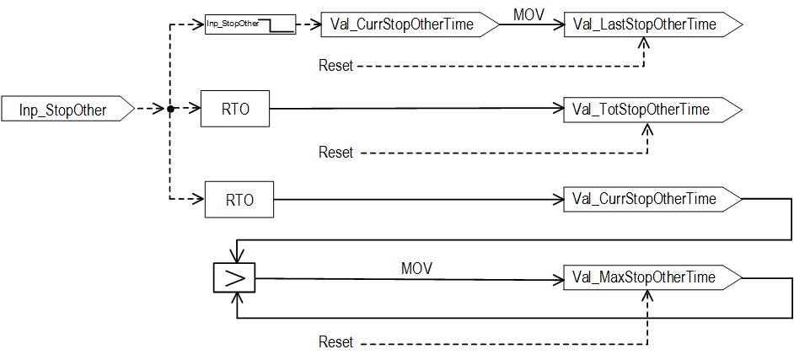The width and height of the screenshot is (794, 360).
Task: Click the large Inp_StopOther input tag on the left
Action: [x=67, y=109]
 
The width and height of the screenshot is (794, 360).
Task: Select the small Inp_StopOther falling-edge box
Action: [x=250, y=24]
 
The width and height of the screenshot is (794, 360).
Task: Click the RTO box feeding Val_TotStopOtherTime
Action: [x=235, y=109]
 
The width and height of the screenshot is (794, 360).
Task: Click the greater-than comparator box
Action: [x=237, y=277]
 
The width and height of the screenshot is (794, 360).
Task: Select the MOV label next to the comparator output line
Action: [x=416, y=268]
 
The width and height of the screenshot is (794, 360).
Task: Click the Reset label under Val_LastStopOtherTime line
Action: [x=335, y=66]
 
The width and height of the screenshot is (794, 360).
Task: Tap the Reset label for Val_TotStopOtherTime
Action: [x=335, y=153]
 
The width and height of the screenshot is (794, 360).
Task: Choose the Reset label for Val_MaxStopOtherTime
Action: [x=335, y=342]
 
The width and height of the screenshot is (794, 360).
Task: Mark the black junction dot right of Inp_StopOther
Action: [x=170, y=109]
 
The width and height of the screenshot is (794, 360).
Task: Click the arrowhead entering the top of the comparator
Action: [x=237, y=258]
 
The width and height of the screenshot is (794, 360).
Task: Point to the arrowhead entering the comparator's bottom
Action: [x=237, y=298]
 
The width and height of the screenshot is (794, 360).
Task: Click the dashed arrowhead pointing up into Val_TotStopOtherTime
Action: [x=647, y=129]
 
